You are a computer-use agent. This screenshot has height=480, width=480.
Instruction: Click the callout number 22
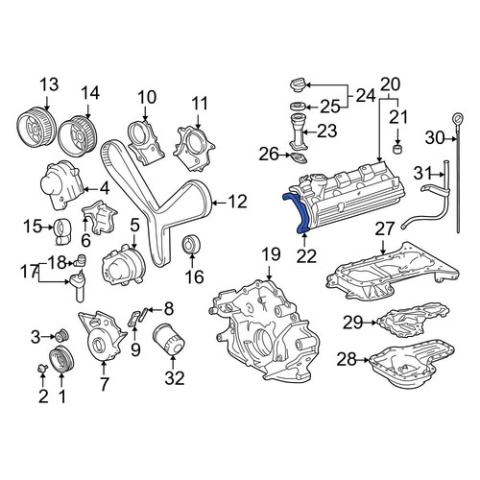(x=306, y=255)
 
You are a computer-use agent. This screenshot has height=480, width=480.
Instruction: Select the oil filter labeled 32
(x=169, y=339)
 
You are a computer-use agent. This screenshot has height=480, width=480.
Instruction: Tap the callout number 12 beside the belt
(x=237, y=202)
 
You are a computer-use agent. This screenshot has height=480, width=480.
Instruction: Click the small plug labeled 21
(x=397, y=149)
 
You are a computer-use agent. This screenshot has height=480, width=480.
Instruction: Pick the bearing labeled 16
(x=191, y=244)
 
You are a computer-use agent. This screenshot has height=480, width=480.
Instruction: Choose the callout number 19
(x=271, y=254)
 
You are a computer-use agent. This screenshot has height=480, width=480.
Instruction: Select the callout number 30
(x=435, y=138)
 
